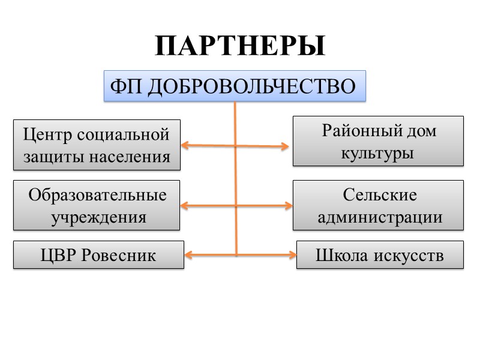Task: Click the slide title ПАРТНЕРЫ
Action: (x=240, y=46)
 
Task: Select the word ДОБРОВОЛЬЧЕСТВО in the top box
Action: (x=251, y=87)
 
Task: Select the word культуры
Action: (x=378, y=152)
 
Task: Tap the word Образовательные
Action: (x=97, y=194)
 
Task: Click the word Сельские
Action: (x=380, y=194)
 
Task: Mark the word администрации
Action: (x=380, y=217)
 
